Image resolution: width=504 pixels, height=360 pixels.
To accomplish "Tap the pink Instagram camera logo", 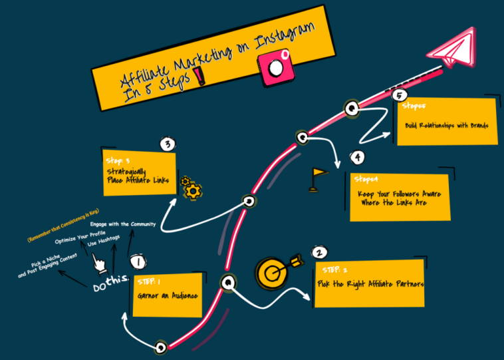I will click(275, 67).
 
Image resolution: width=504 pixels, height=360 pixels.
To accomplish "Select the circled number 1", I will click(137, 262).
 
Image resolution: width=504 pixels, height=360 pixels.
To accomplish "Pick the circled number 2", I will click(319, 253).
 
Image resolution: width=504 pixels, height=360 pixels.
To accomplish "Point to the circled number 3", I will click(168, 144).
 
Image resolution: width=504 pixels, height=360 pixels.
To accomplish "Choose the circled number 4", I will click(358, 158).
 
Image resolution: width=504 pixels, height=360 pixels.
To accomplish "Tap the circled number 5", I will click(399, 96).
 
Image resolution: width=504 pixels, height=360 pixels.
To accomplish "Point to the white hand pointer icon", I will click(100, 264).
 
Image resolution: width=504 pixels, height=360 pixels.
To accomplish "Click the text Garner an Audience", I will click(167, 295).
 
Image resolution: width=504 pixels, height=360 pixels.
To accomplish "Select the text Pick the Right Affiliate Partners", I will click(370, 284).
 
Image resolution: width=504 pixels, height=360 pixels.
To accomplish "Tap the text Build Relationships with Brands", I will click(447, 125).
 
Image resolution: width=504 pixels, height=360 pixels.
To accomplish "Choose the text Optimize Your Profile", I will click(80, 238).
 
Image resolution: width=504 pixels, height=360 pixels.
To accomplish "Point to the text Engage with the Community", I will click(122, 224).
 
